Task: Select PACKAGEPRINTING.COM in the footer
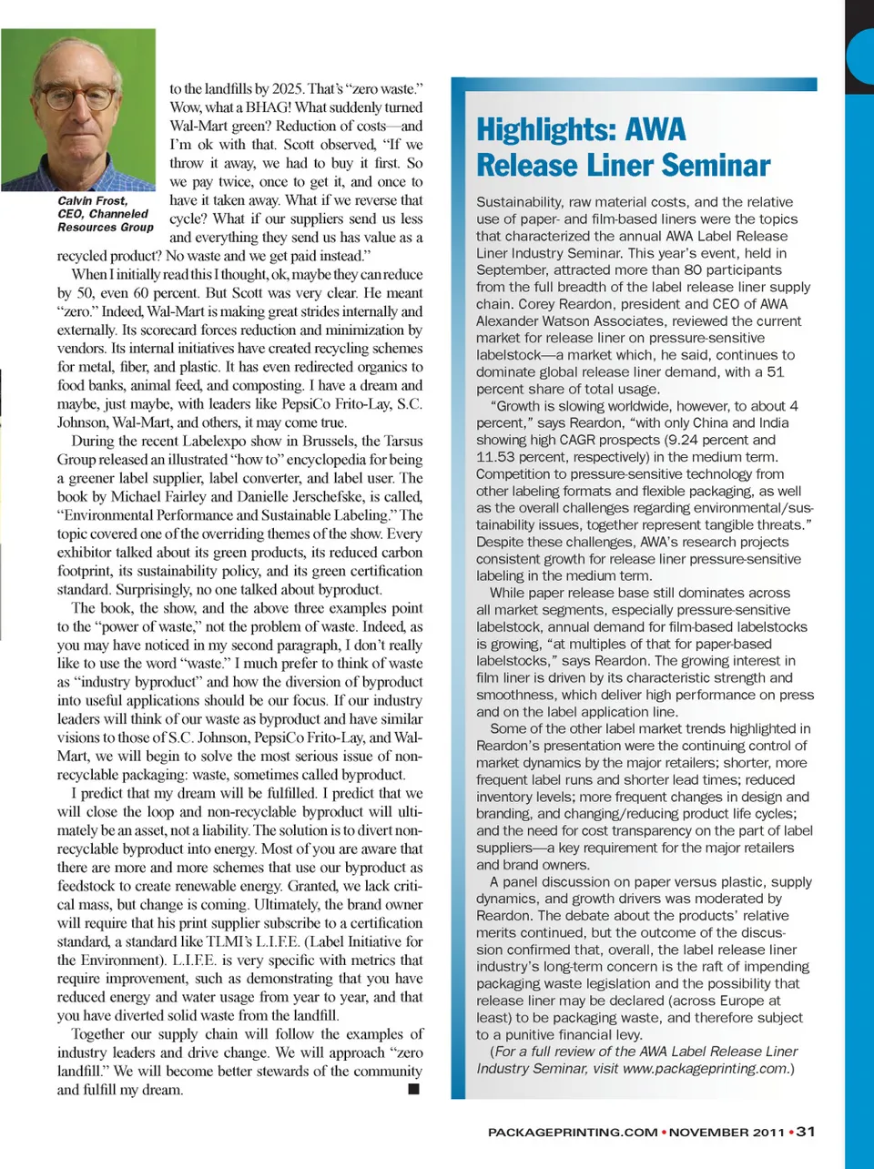(x=573, y=1133)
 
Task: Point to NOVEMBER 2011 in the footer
(x=727, y=1133)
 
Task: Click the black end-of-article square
(x=414, y=1089)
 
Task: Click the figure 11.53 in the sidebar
(x=497, y=457)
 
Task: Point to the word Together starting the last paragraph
(x=104, y=1033)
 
